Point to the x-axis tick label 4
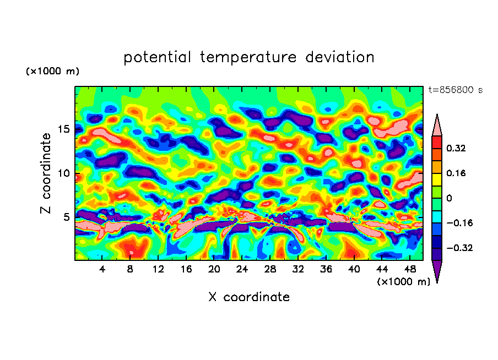click(x=102, y=269)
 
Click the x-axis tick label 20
click(x=214, y=269)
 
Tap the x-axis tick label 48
click(x=410, y=269)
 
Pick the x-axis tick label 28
click(x=270, y=269)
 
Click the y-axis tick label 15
click(x=63, y=129)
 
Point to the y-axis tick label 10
click(x=63, y=173)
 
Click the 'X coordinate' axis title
click(x=249, y=297)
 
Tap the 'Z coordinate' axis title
click(x=46, y=173)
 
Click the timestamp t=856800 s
click(x=455, y=90)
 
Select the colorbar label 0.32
click(x=457, y=148)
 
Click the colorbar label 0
click(x=449, y=198)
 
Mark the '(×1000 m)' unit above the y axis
click(x=52, y=72)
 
